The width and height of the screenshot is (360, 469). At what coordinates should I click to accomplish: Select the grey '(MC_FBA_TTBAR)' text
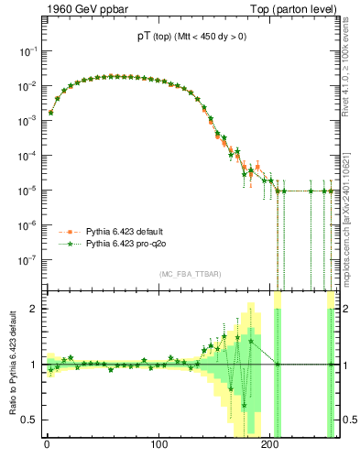(x=190, y=275)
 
